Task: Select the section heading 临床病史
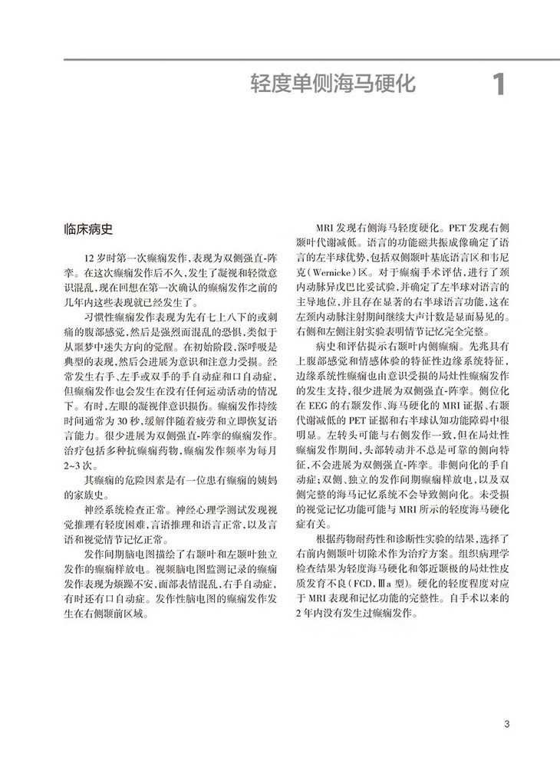[90, 229]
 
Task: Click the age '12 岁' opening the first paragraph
[97, 258]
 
